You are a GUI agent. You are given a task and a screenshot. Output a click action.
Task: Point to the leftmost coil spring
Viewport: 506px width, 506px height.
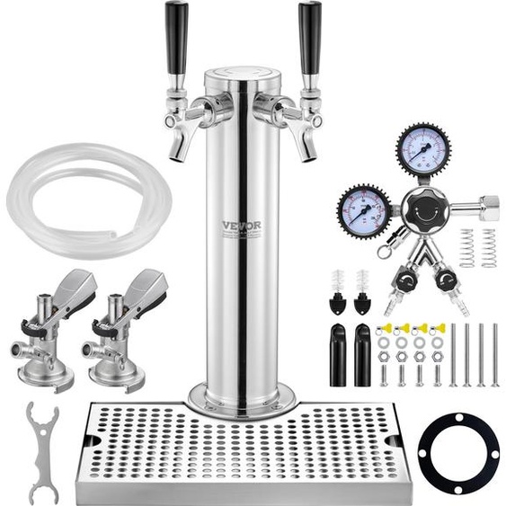[x=466, y=247]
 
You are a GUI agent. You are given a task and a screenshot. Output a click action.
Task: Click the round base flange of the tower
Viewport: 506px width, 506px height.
[x=241, y=396]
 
